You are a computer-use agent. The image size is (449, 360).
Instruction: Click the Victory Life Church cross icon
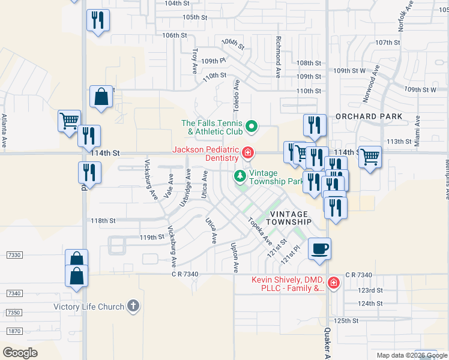(133, 307)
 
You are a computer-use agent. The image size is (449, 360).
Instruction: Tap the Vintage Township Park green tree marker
(240, 176)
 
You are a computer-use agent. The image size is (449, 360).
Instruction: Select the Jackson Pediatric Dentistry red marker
(247, 154)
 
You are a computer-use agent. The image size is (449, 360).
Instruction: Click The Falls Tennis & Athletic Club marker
(252, 127)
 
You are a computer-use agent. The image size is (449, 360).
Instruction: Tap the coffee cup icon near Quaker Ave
(320, 247)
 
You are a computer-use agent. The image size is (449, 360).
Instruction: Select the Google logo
(20, 352)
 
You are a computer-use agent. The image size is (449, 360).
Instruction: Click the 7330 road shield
(14, 255)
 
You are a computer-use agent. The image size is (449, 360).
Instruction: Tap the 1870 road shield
(14, 331)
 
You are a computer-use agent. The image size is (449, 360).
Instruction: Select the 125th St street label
(346, 320)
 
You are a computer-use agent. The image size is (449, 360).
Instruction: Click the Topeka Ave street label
(260, 230)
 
